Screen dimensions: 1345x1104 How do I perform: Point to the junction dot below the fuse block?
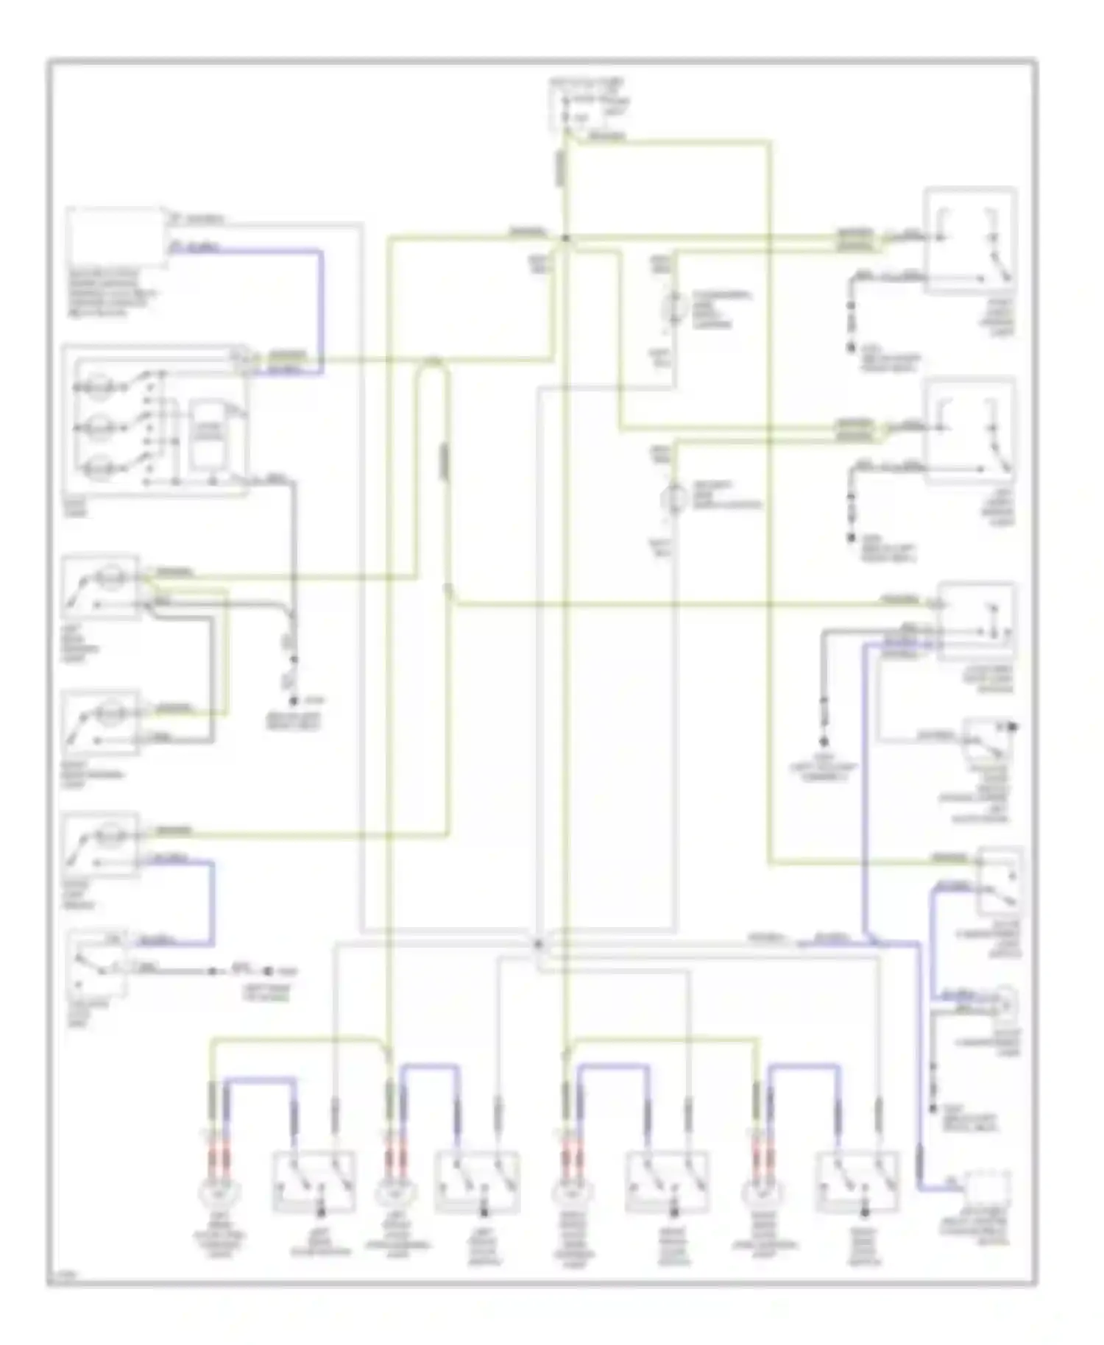pyautogui.click(x=565, y=238)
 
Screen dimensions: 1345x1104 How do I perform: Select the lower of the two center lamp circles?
pyautogui.click(x=673, y=499)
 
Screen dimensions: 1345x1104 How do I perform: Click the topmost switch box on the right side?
pyautogui.click(x=970, y=241)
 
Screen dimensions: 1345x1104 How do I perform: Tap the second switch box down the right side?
pyautogui.click(x=970, y=430)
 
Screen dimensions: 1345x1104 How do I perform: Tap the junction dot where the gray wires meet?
pyautogui.click(x=538, y=943)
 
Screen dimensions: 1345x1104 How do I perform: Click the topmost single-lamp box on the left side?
pyautogui.click(x=101, y=586)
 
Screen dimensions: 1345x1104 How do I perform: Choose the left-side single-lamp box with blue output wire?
pyautogui.click(x=101, y=844)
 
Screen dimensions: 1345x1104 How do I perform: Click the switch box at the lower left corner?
pyautogui.click(x=97, y=964)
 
